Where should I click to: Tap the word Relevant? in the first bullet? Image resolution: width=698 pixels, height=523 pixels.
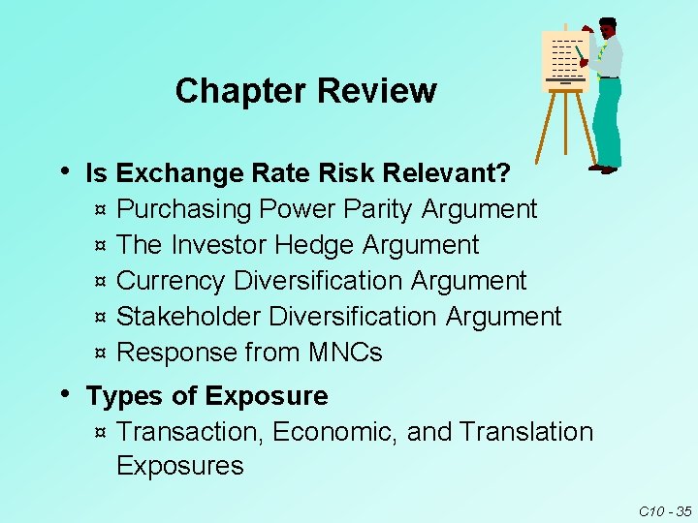[x=447, y=174]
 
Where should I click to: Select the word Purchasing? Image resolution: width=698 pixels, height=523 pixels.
[x=181, y=209]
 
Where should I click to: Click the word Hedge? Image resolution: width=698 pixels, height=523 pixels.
[x=314, y=245]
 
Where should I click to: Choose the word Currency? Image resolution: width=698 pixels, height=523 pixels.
[x=171, y=281]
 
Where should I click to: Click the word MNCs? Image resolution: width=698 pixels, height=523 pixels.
[x=344, y=353]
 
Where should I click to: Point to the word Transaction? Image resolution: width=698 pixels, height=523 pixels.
[x=190, y=431]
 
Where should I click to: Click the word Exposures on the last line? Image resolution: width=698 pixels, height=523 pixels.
[x=179, y=466]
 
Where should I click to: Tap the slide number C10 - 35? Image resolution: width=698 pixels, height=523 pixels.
[x=664, y=510]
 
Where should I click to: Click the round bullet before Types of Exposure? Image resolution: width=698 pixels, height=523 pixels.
[x=65, y=393]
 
